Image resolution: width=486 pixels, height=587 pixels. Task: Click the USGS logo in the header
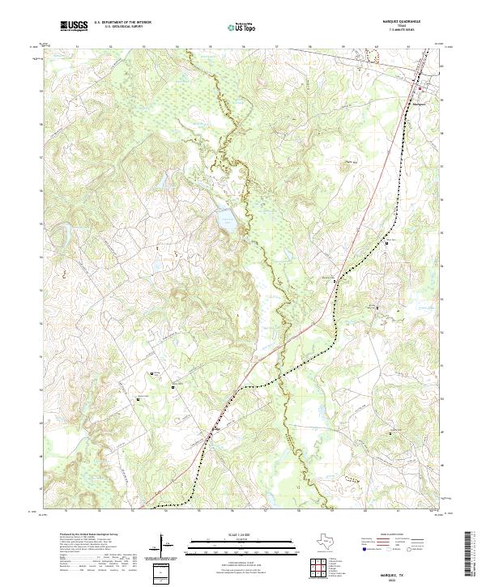pyautogui.click(x=74, y=26)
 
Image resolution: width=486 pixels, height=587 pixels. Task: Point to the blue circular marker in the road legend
pyautogui.click(x=364, y=550)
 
